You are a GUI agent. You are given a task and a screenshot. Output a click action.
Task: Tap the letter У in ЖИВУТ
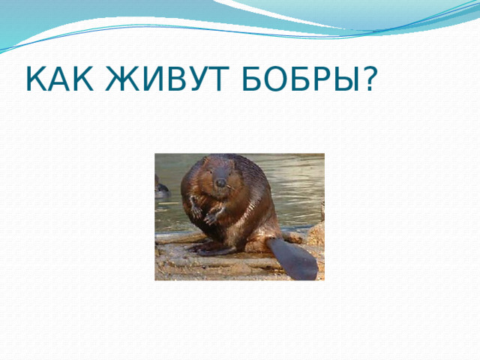point(182,79)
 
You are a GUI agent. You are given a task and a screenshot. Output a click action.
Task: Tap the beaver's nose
point(220,181)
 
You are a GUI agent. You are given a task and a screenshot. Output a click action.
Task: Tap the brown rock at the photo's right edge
point(316,234)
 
